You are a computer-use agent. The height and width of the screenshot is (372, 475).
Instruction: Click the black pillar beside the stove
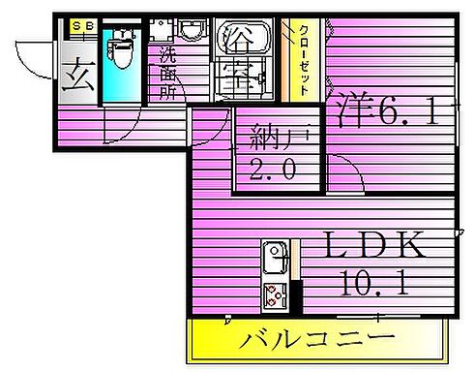(x=296, y=294)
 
